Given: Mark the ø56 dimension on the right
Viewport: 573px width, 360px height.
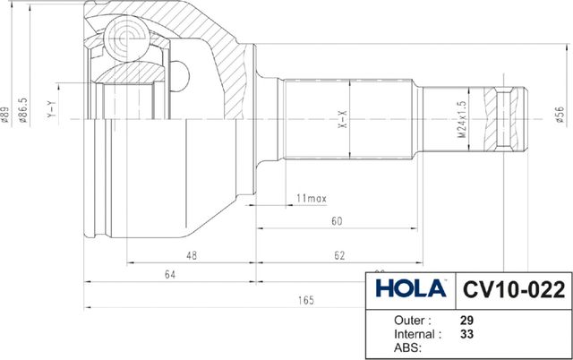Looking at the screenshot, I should (x=558, y=116).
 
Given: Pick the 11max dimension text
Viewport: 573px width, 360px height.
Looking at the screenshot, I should (x=310, y=197).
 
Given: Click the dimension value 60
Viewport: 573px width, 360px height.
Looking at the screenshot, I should (x=337, y=220).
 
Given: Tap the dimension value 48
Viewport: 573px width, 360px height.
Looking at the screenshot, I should (x=192, y=255).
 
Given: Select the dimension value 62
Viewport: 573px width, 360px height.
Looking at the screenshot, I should (x=339, y=255).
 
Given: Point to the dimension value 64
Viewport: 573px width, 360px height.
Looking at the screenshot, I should (x=169, y=276).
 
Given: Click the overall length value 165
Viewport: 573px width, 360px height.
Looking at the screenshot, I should (x=305, y=300).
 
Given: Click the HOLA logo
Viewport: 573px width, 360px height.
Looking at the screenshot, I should (x=410, y=288).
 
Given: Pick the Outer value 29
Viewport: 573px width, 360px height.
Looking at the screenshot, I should (x=466, y=320).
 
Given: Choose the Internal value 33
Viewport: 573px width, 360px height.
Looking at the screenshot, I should (x=466, y=334).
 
